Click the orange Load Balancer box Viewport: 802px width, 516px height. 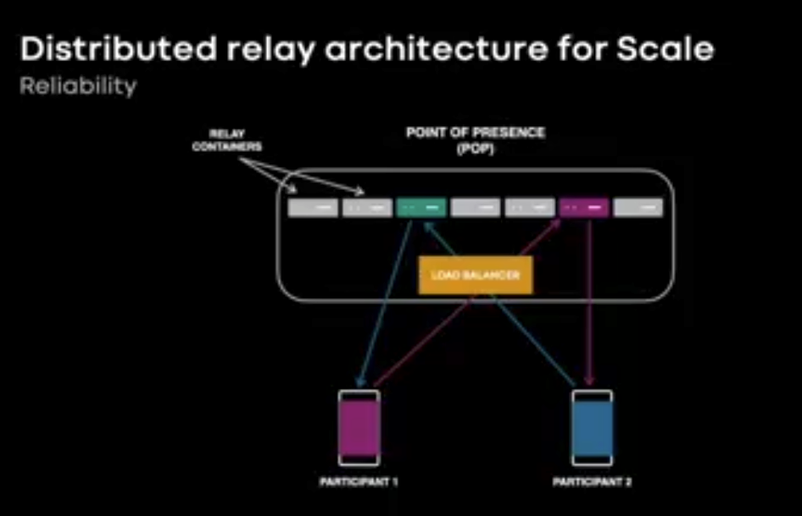[475, 275]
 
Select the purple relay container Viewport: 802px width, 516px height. [584, 207]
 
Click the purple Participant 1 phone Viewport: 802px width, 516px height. [359, 428]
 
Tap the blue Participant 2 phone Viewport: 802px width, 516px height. [592, 428]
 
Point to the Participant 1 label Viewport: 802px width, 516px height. [359, 482]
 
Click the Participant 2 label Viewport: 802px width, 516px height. [592, 482]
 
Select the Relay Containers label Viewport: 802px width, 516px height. [227, 140]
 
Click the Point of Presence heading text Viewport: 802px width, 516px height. [475, 133]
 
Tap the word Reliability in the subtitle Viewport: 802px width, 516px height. [78, 86]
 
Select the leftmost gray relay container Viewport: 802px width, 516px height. [313, 207]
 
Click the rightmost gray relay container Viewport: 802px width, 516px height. [638, 207]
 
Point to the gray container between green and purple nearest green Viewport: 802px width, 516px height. [476, 207]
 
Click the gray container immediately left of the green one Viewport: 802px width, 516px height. [367, 207]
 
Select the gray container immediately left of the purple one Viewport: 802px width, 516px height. [530, 207]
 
